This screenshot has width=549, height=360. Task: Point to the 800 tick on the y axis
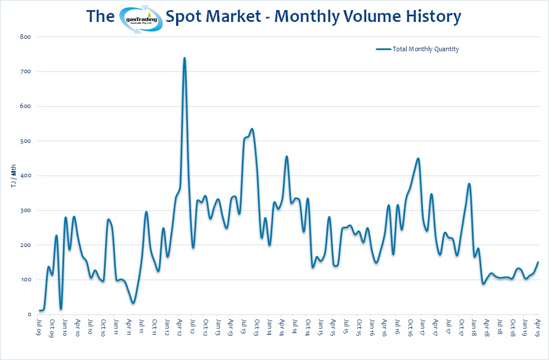[25, 37]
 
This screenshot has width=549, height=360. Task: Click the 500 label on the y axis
[25, 141]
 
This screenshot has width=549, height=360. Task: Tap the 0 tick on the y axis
[28, 314]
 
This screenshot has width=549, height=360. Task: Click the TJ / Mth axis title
[13, 175]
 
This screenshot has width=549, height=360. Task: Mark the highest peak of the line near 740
[184, 58]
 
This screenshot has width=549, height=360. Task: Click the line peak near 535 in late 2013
[251, 129]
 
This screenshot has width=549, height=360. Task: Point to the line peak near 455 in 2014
[287, 156]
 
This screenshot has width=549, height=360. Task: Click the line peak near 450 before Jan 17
[418, 159]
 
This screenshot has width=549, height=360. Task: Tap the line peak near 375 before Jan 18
[469, 184]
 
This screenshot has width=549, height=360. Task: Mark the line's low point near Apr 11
[133, 303]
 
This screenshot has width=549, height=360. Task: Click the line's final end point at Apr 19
[538, 262]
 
